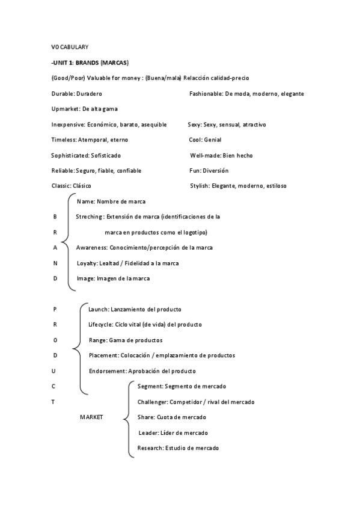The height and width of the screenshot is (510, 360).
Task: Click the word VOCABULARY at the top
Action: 70,46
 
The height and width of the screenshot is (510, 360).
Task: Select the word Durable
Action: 63,94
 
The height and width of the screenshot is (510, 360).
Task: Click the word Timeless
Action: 64,140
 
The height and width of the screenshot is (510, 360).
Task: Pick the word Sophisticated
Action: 70,155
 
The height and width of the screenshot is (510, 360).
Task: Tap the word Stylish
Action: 199,186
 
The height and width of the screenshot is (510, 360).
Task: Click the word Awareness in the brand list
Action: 91,248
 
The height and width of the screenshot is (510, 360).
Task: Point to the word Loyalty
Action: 86,263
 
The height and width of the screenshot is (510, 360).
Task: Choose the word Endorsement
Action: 108,371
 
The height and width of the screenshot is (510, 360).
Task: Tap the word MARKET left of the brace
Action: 91,417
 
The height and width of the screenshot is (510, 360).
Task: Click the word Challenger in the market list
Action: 153,402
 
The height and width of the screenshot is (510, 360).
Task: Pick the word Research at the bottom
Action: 150,448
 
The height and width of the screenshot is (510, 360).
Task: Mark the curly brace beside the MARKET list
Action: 126,417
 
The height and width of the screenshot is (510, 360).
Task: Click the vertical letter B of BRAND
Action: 55,217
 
